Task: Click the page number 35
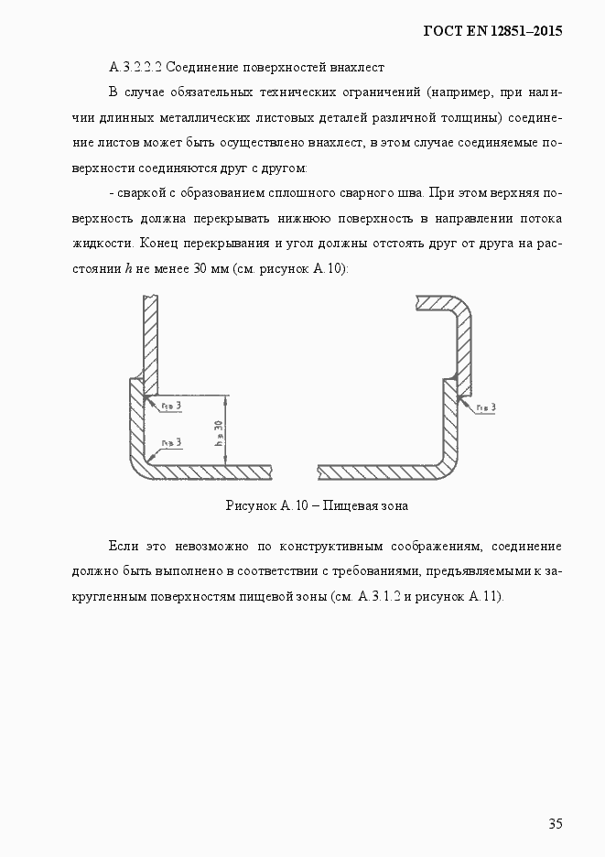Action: (x=555, y=823)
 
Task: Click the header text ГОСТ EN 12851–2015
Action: (x=492, y=30)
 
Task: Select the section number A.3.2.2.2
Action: (x=136, y=68)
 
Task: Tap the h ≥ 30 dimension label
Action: (x=219, y=430)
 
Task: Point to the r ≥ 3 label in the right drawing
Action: (x=484, y=407)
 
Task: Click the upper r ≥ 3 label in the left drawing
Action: (x=170, y=405)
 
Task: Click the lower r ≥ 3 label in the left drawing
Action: (x=170, y=442)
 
